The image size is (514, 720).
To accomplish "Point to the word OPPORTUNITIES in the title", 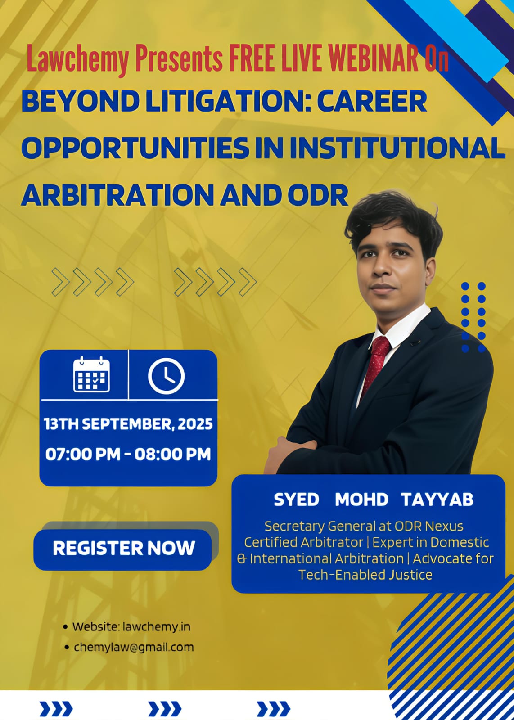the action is [135, 148].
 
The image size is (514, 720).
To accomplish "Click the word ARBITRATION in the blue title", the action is [117, 195].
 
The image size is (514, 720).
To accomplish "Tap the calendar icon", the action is [92, 374].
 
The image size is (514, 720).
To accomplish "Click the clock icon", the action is [166, 376].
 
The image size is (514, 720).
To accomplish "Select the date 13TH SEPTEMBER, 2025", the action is [128, 424].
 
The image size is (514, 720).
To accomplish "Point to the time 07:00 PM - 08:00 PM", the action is [128, 454].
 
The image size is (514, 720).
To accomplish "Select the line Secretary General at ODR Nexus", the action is [364, 526].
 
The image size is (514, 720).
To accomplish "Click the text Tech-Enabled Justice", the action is [365, 575].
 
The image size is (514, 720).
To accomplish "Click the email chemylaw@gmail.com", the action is [134, 647].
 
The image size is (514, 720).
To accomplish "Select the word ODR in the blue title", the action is [318, 195].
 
